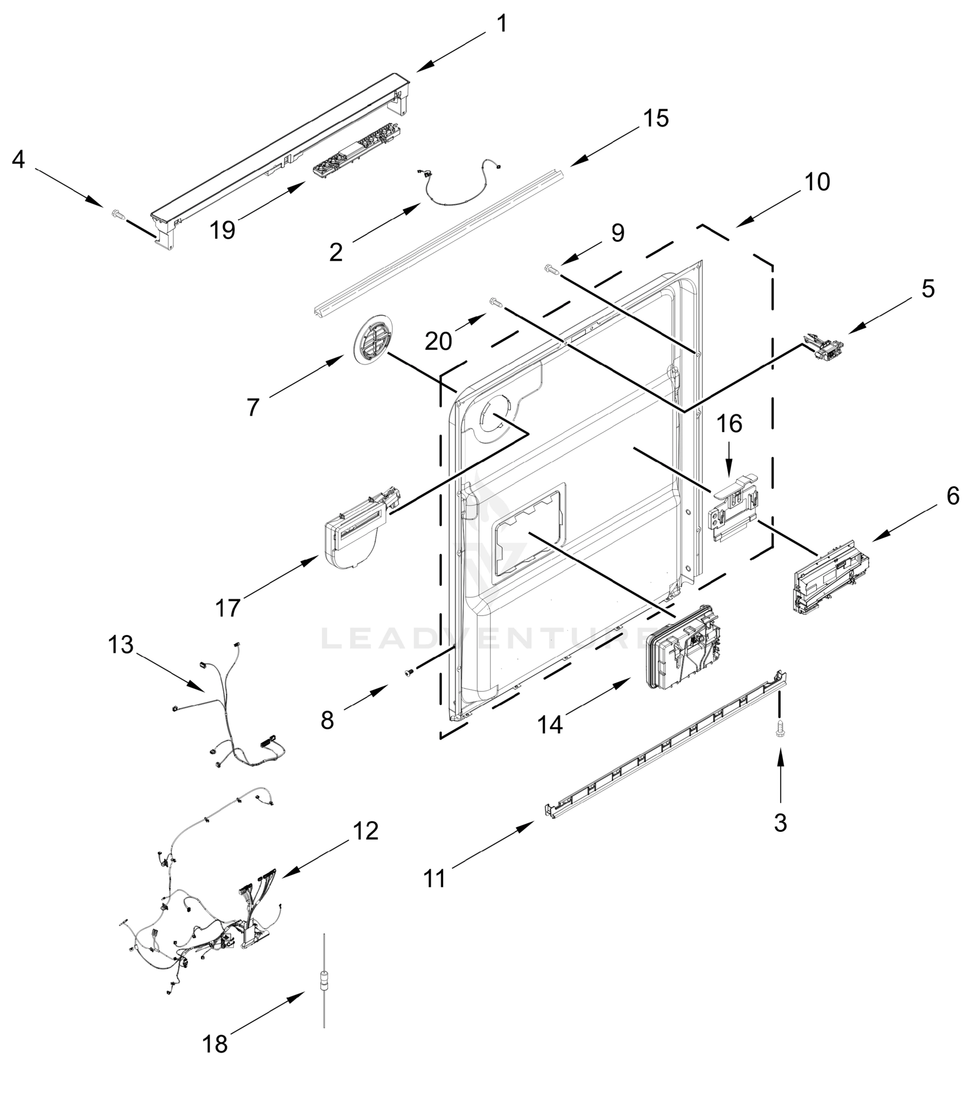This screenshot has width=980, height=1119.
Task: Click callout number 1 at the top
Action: coord(502,24)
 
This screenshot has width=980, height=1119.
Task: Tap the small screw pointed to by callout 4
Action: coord(117,214)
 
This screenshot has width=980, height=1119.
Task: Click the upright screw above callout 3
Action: coord(780,729)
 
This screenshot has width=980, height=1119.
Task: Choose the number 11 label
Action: coord(435,878)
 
